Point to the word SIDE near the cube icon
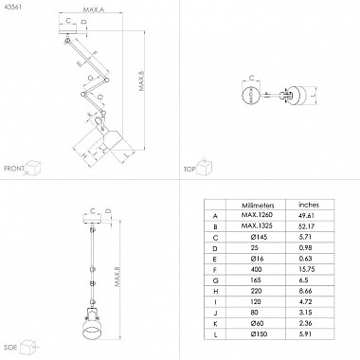pyautogui.click(x=11, y=350)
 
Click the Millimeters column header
pyautogui.click(x=257, y=204)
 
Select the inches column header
pyautogui.click(x=309, y=204)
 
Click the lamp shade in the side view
pyautogui.click(x=93, y=334)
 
